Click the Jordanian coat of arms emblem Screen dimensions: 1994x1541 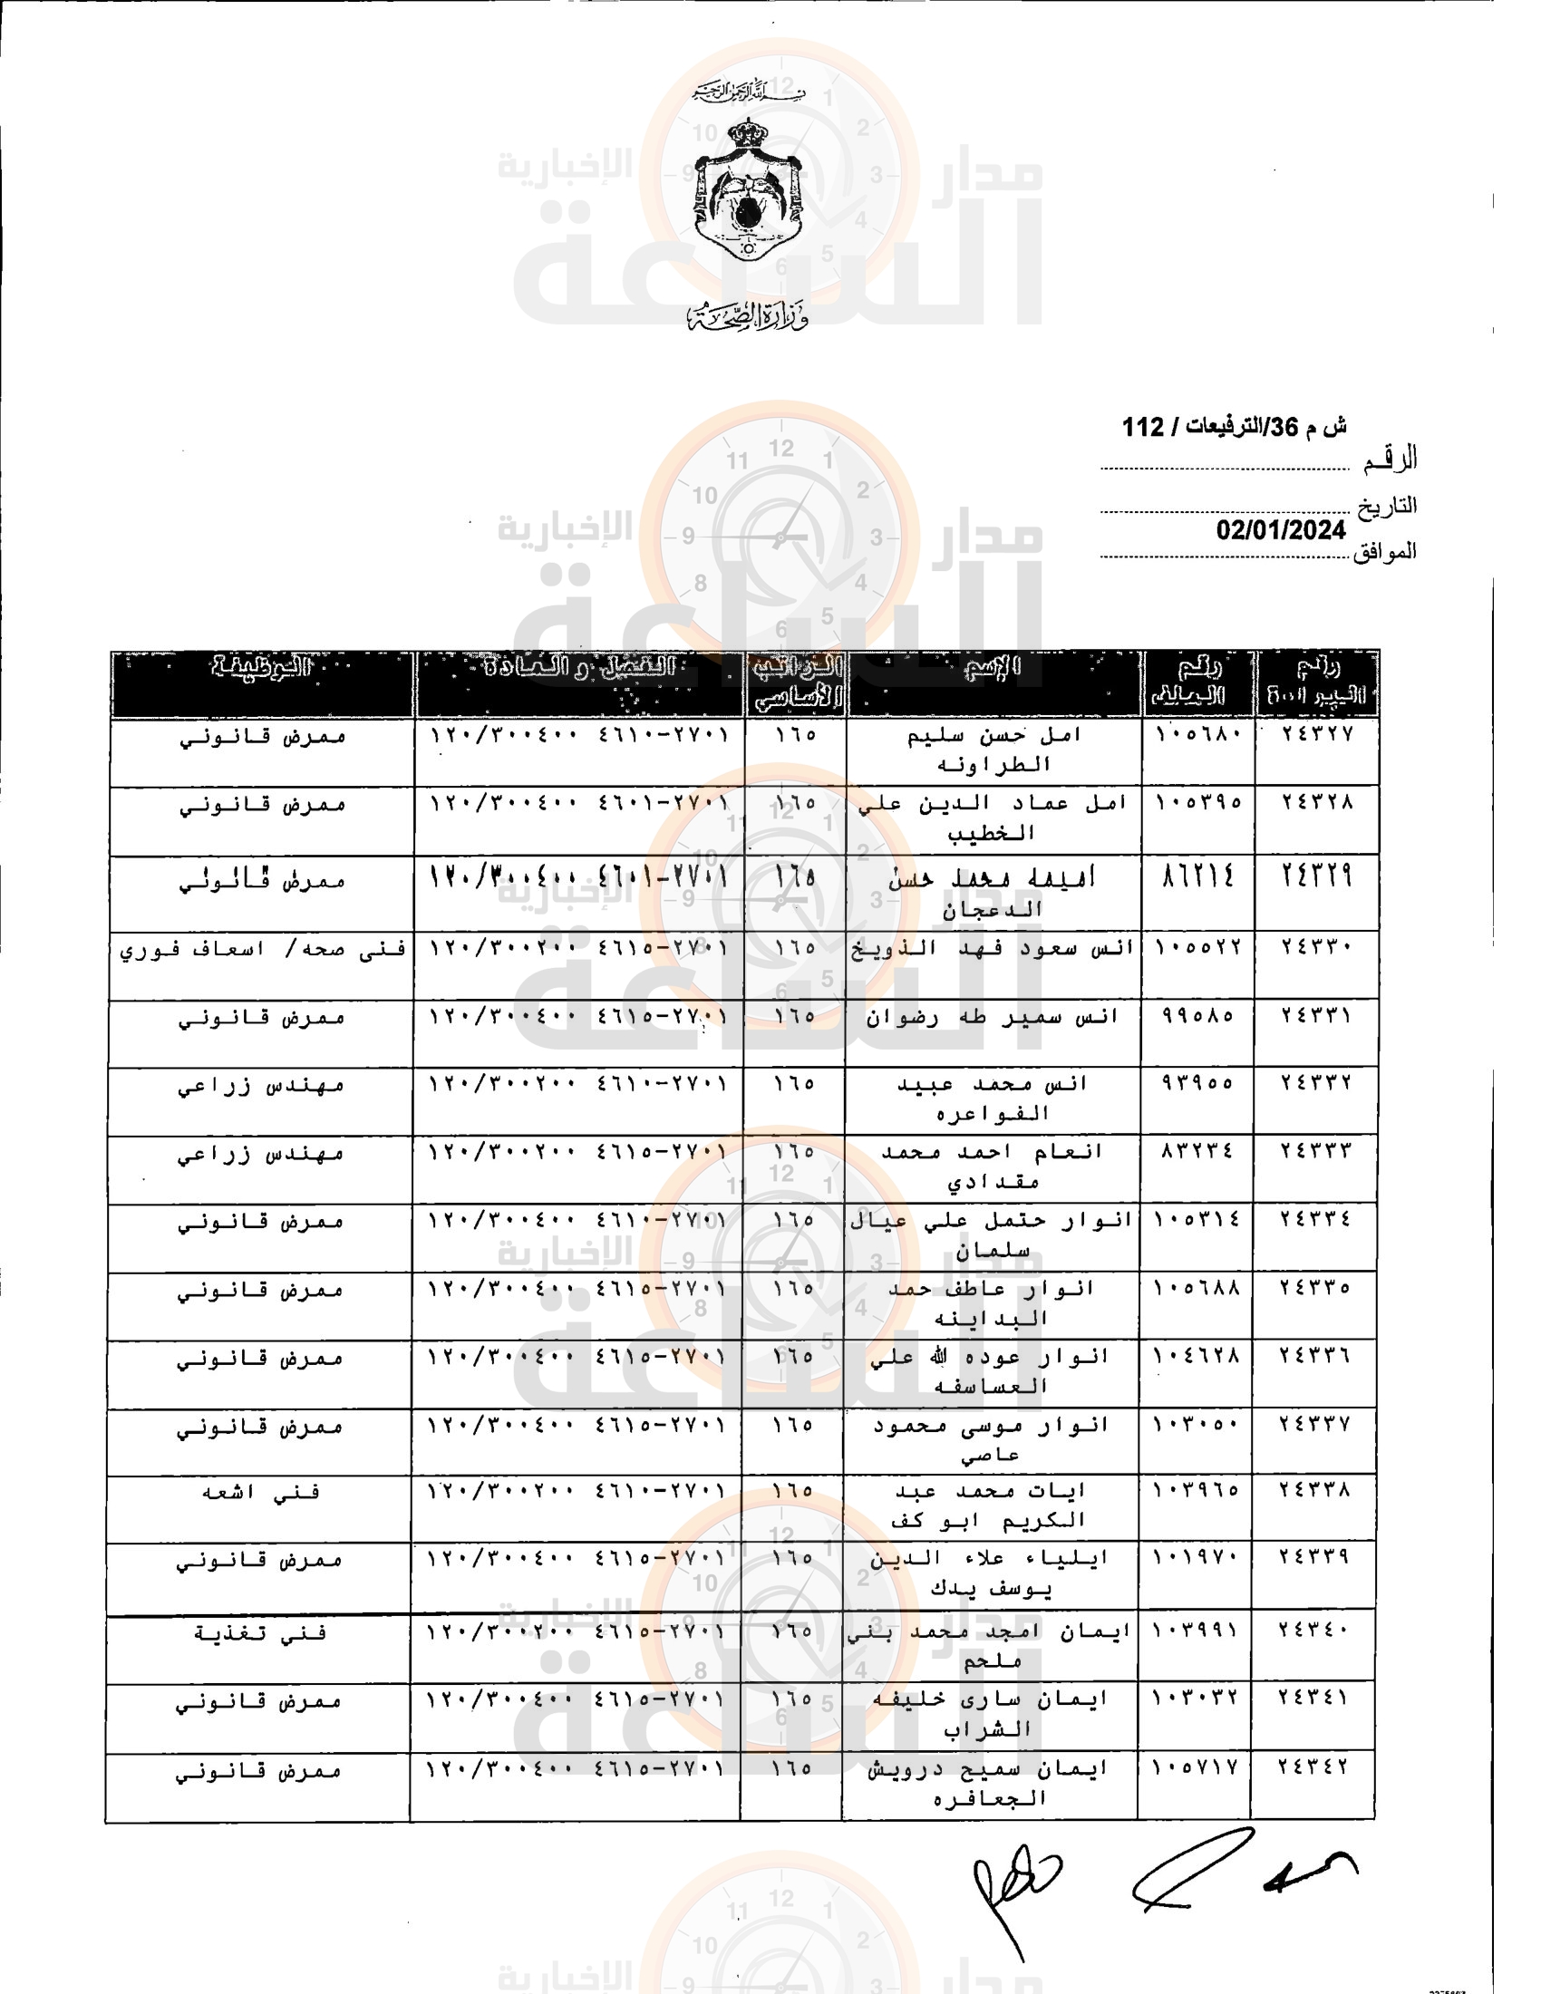pos(747,192)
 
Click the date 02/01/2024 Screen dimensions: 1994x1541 pos(1281,530)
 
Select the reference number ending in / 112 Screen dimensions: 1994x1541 pos(1234,427)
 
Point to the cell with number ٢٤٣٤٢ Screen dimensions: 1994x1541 pos(1313,1767)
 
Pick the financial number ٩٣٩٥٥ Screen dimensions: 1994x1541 pos(1197,1083)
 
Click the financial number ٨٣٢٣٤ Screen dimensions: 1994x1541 pos(1197,1151)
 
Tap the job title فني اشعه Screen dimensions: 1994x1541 pos(260,1492)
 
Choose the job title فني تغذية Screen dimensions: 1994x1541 pos(260,1632)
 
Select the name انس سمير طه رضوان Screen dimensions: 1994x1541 pos(993,1016)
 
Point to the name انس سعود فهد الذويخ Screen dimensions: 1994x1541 pos(993,949)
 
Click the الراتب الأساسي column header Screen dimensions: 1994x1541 pos(795,682)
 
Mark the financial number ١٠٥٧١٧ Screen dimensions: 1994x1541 pos(1194,1767)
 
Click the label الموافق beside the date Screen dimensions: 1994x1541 pos(1385,551)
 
